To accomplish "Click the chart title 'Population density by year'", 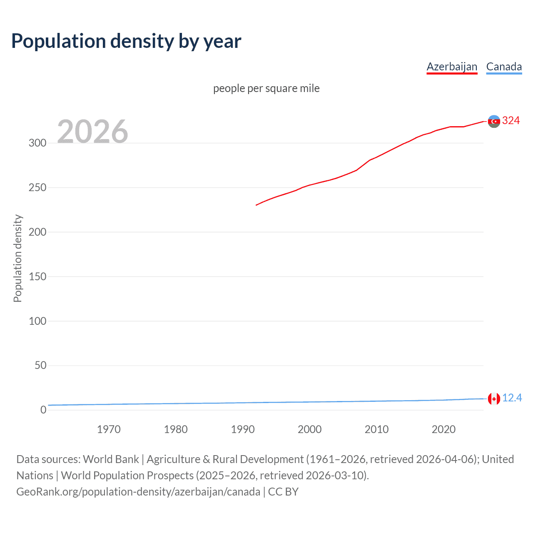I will click(x=126, y=41).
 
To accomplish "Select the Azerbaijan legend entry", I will click(x=452, y=67).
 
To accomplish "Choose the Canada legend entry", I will click(x=504, y=67).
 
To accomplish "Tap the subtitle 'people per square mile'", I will click(x=266, y=88).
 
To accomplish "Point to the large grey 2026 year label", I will click(x=92, y=132).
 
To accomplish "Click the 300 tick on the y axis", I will click(x=37, y=143).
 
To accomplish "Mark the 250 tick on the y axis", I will click(x=37, y=187).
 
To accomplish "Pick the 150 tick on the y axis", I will click(x=37, y=276).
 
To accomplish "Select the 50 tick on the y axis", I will click(x=40, y=365).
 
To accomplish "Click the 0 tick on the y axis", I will click(x=43, y=410).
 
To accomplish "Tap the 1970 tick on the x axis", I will click(x=109, y=429).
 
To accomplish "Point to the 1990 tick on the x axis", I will click(x=243, y=429).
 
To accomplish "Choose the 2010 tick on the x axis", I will click(x=376, y=429).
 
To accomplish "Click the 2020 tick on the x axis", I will click(x=443, y=429).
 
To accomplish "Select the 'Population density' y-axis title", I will click(x=17, y=258).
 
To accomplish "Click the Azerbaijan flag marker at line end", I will click(x=494, y=121).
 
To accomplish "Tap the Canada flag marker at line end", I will click(x=494, y=399).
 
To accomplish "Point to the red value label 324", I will click(x=511, y=121).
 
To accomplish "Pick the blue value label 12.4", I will click(x=512, y=398).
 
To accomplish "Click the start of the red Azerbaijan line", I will click(x=257, y=205).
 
